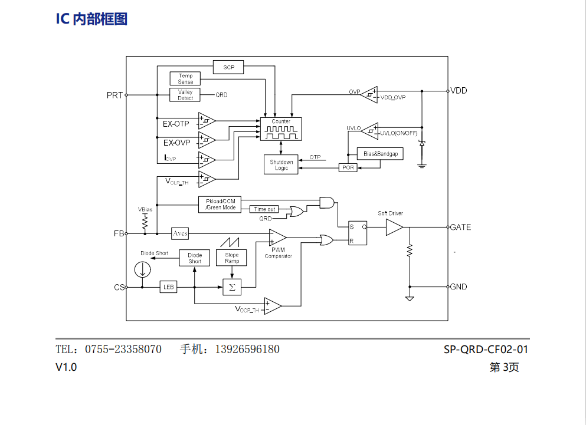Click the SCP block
tap(228, 67)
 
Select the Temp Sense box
tap(185, 78)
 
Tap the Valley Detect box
tap(185, 95)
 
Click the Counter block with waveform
tap(281, 129)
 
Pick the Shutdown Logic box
tap(281, 165)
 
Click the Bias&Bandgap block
tap(381, 153)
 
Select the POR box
tap(348, 167)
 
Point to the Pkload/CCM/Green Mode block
tap(220, 205)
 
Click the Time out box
tap(264, 209)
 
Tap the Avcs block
tap(180, 233)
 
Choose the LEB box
tap(169, 287)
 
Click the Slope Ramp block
tap(232, 258)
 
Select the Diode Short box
tap(195, 258)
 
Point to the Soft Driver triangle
tap(394, 228)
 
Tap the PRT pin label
tap(114, 95)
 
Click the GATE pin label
tap(460, 227)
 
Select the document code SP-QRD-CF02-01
tap(486, 349)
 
